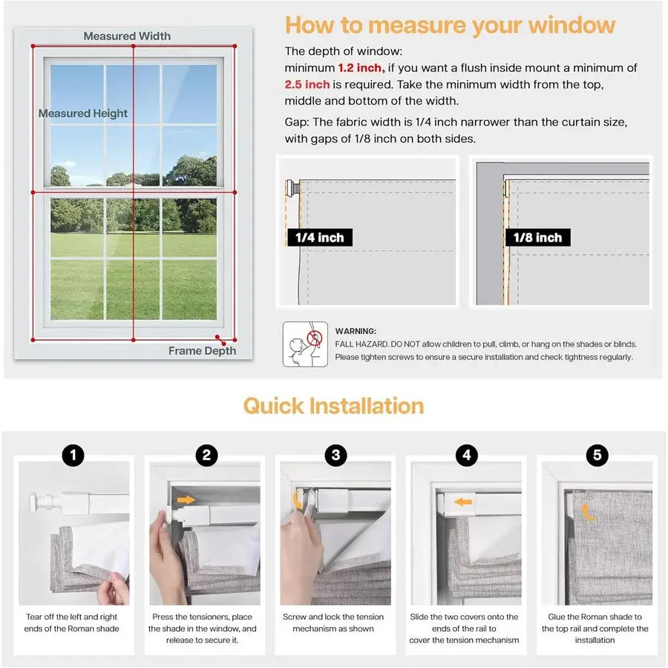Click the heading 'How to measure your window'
pyautogui.click(x=450, y=24)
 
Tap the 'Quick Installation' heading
pyautogui.click(x=333, y=406)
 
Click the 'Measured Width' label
pyautogui.click(x=127, y=36)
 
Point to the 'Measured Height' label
pyautogui.click(x=83, y=114)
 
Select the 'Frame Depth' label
pyautogui.click(x=202, y=351)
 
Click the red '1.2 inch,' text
pyautogui.click(x=361, y=68)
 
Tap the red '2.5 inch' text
pyautogui.click(x=307, y=85)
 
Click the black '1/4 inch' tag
pyautogui.click(x=319, y=238)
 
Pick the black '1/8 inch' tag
pyautogui.click(x=538, y=238)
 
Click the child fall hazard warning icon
pyautogui.click(x=305, y=344)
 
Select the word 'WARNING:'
pyautogui.click(x=356, y=331)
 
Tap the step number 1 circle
pyautogui.click(x=73, y=455)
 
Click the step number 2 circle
pyautogui.click(x=206, y=455)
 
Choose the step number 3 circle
pyautogui.click(x=335, y=455)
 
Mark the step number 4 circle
pyautogui.click(x=466, y=455)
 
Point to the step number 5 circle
pyautogui.click(x=597, y=455)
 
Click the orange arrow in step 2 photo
pyautogui.click(x=186, y=500)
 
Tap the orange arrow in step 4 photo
pyautogui.click(x=463, y=502)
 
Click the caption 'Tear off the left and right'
pyautogui.click(x=73, y=617)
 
